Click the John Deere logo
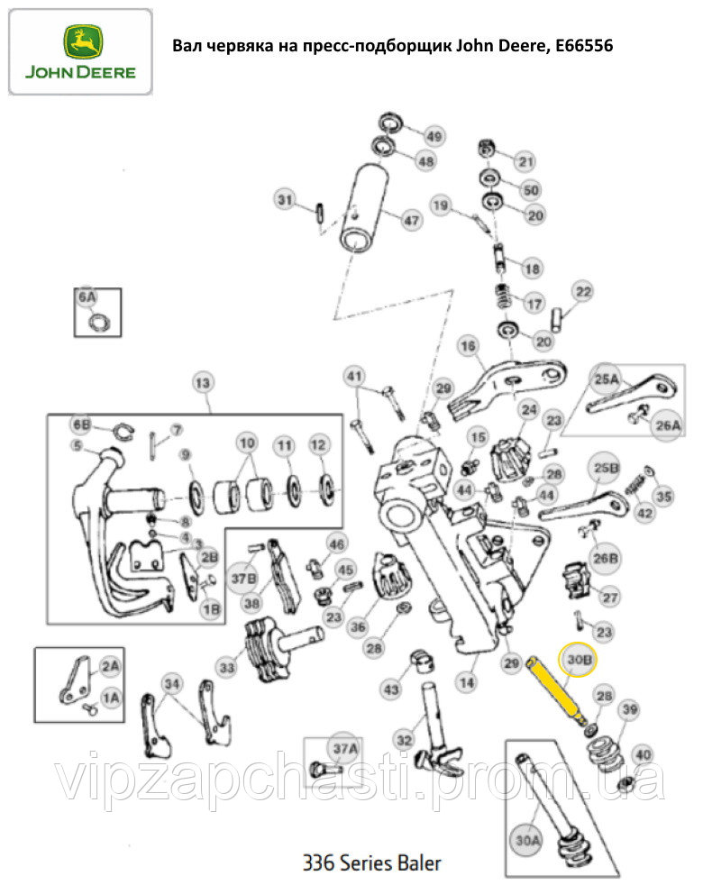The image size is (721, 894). click(80, 52)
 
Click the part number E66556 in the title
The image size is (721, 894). click(584, 46)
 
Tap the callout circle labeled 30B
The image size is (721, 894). click(579, 660)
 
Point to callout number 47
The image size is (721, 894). click(412, 220)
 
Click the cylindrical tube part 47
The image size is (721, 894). click(364, 209)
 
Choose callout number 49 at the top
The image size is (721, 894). click(434, 136)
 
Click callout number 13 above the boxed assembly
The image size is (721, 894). click(203, 383)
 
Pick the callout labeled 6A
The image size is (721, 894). click(87, 297)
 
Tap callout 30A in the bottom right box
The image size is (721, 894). click(527, 841)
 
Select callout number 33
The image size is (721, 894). click(227, 667)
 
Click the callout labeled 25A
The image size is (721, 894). click(607, 379)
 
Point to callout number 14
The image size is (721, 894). click(467, 682)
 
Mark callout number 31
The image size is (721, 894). click(285, 200)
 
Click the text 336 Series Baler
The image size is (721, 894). click(371, 863)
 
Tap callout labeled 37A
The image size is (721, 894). click(345, 749)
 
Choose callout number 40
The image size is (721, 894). click(643, 754)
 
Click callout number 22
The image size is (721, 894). click(584, 292)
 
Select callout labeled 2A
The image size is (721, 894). click(110, 667)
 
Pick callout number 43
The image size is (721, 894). click(390, 689)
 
